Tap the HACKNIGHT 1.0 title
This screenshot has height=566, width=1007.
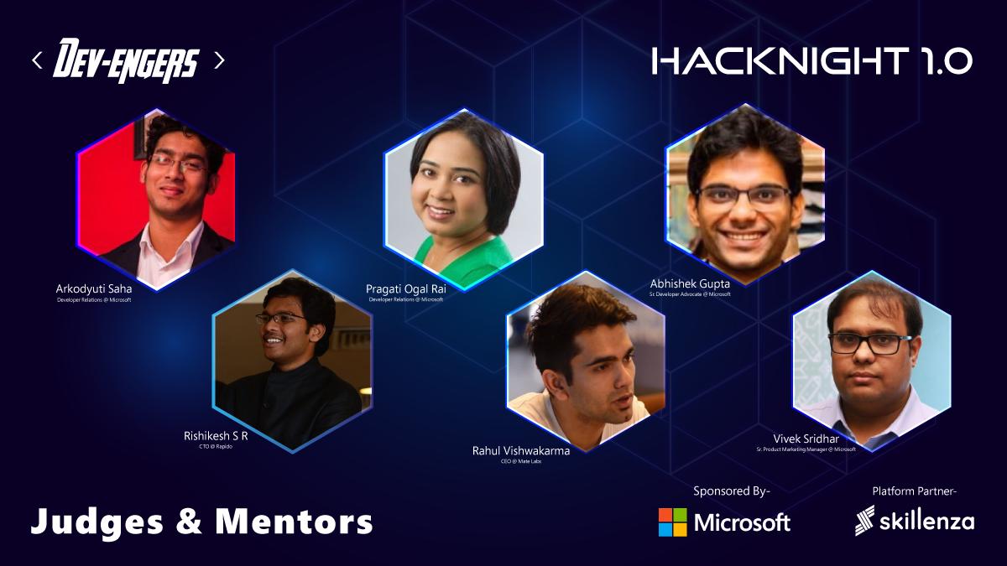click(811, 60)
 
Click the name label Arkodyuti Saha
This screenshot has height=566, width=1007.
click(94, 288)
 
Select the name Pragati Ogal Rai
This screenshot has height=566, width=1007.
click(405, 288)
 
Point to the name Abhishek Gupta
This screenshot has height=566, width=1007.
click(690, 283)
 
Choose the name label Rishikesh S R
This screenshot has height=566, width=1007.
click(216, 435)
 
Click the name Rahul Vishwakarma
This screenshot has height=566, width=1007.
click(521, 450)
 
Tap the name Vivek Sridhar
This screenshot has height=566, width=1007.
click(806, 439)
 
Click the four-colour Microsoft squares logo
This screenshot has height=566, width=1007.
click(672, 522)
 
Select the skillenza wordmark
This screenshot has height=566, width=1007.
click(926, 522)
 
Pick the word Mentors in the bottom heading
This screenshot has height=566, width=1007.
click(294, 522)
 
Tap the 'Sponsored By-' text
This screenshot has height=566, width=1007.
click(732, 491)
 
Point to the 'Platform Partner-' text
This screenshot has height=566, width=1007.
click(915, 491)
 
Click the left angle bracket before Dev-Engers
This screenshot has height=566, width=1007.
click(37, 60)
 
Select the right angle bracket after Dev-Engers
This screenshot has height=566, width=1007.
click(219, 60)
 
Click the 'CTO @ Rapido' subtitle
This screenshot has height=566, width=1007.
click(216, 447)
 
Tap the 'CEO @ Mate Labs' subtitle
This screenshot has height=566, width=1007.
click(521, 461)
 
